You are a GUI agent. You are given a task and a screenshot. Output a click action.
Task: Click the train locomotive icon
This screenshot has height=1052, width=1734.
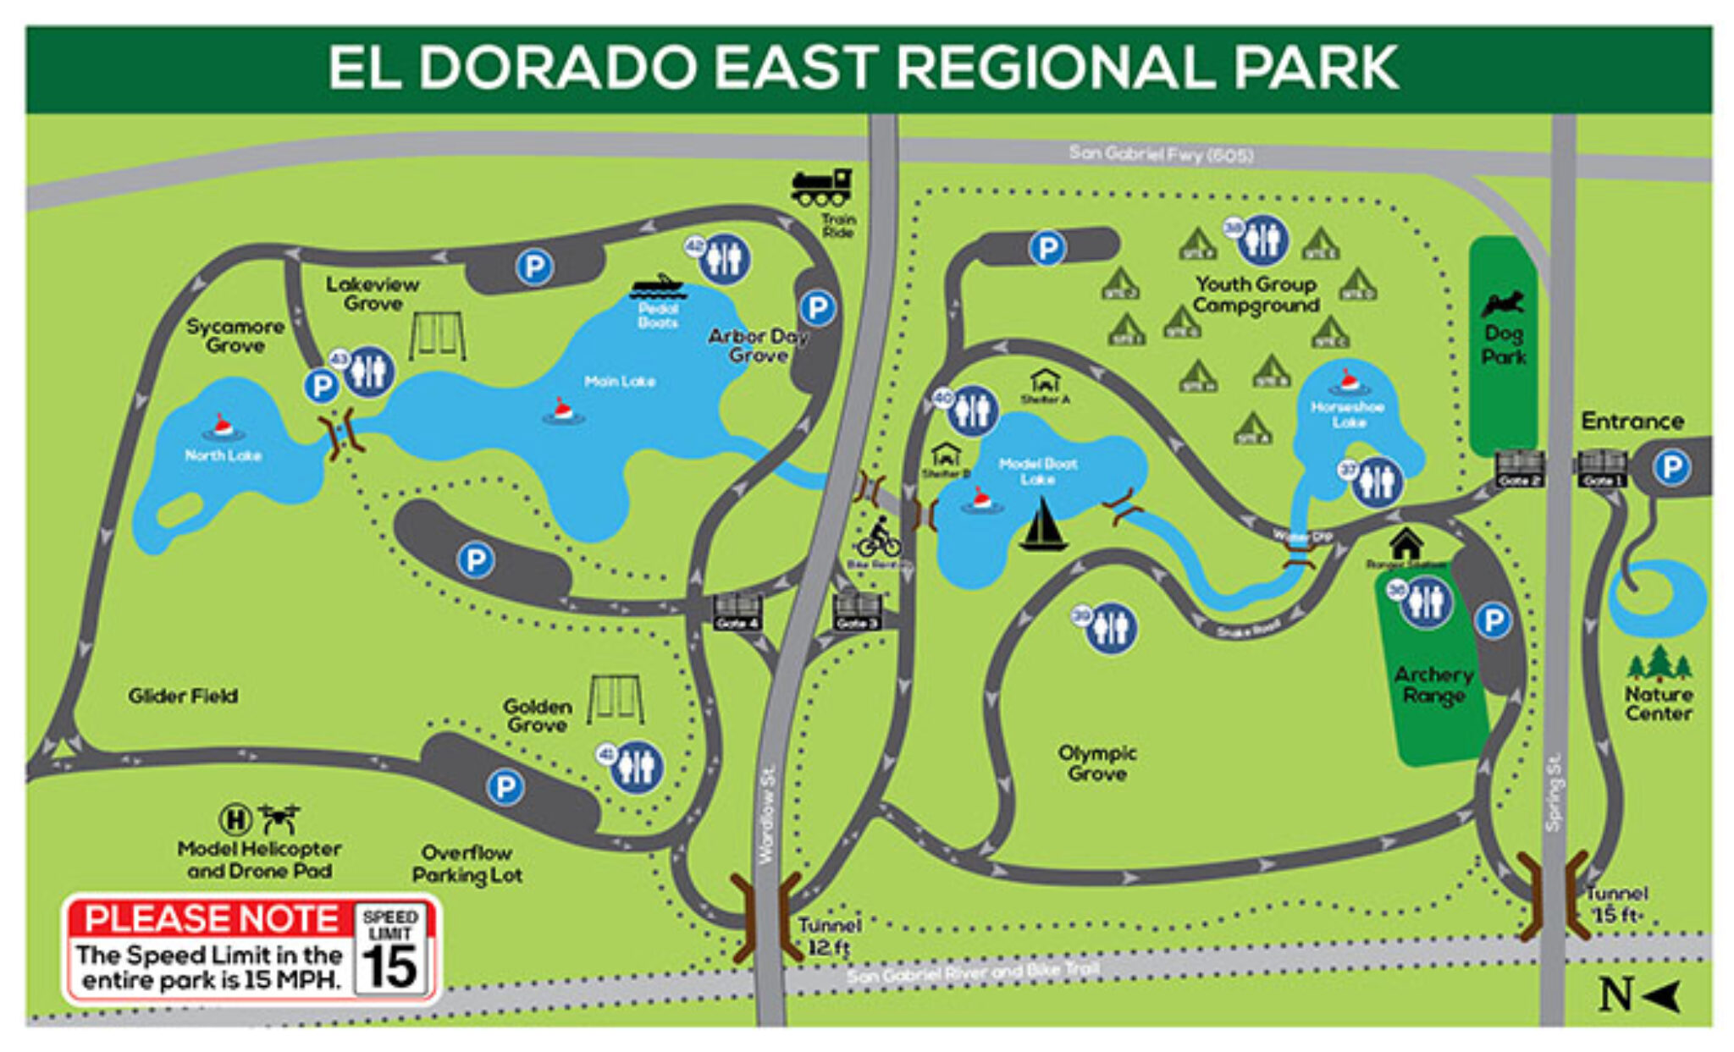coord(820,187)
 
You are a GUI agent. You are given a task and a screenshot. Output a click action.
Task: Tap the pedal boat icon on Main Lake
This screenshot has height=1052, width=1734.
coord(656,287)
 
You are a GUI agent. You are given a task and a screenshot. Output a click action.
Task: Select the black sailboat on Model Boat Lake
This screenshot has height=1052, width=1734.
coord(1043,525)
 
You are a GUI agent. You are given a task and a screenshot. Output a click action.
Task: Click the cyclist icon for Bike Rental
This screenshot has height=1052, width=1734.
coord(878,538)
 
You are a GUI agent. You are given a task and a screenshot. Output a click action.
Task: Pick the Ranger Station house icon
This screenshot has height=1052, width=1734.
coord(1405,543)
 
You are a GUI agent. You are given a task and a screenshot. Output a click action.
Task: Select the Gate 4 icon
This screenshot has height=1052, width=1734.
coord(737,609)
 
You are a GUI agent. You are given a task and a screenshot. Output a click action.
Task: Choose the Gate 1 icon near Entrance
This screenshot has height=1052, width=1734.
coord(1600,466)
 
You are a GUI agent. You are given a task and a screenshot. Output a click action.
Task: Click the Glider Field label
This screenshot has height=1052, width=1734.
coord(183,696)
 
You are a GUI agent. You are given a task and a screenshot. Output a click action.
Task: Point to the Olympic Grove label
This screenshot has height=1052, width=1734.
coord(1097,763)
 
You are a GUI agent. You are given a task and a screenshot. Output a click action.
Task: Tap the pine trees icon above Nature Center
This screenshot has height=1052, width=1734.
coord(1659,664)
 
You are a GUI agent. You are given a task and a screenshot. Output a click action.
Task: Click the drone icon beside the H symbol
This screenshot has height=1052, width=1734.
coord(279,818)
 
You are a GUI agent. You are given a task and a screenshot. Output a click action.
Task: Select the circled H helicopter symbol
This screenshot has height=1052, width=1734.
coord(235,818)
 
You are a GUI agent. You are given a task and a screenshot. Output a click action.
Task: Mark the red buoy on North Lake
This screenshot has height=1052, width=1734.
coord(222,426)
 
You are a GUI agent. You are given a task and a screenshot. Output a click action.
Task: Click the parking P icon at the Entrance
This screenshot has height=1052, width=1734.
coord(1671,467)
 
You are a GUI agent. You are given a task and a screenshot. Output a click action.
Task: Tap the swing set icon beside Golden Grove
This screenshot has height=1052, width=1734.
coord(616,699)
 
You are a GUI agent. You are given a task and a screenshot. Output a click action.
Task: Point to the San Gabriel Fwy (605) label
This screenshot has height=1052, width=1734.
coord(1160,154)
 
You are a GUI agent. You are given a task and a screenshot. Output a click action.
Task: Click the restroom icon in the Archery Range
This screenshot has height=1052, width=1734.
coord(1426,603)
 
